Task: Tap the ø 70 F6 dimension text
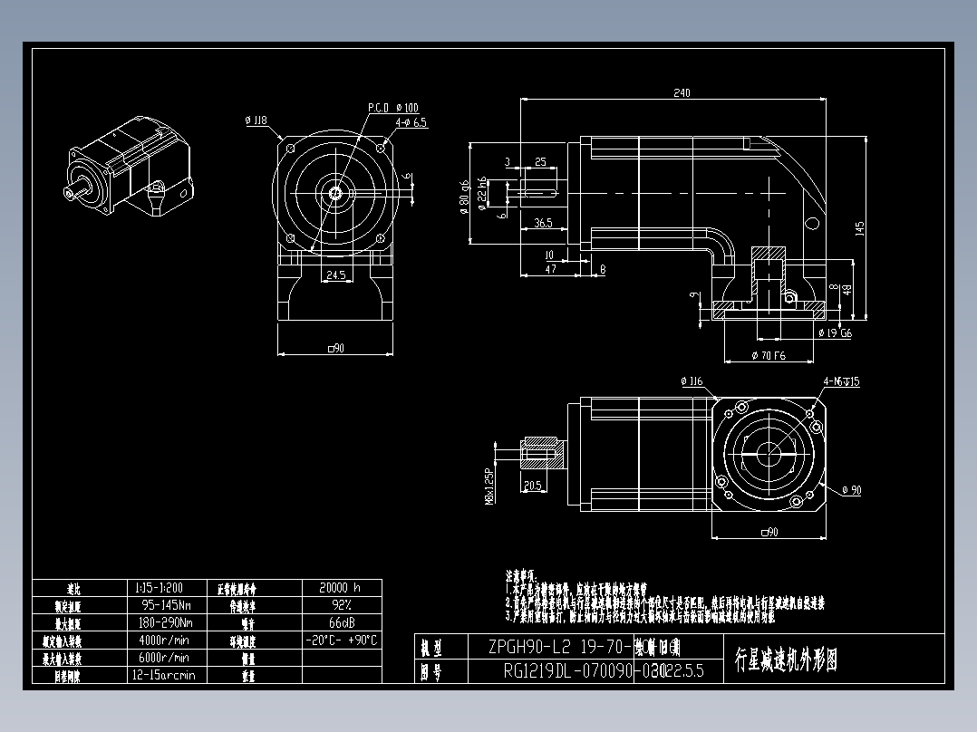click(769, 356)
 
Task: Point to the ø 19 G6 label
click(835, 333)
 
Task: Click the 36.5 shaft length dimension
click(544, 222)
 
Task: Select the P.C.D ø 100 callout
click(392, 107)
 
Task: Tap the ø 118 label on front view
click(256, 120)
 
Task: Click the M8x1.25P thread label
click(489, 486)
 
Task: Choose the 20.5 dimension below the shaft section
click(533, 486)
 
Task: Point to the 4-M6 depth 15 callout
click(841, 381)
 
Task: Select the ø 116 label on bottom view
click(692, 381)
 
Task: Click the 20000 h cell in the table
click(341, 587)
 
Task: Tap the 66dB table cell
click(341, 622)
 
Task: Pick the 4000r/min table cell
click(163, 640)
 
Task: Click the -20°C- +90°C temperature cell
click(341, 640)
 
